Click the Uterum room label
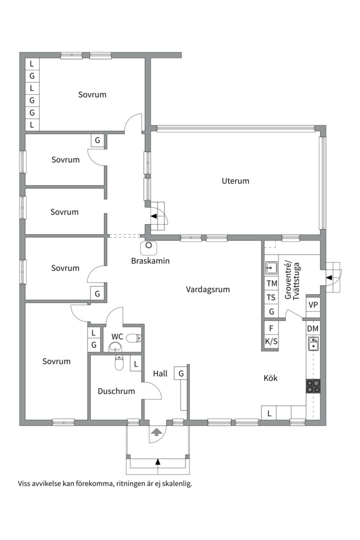235,181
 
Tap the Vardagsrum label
207,289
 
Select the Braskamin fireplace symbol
149,247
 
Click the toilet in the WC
134,338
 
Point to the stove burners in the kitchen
313,385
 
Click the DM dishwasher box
313,328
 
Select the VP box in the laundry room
313,305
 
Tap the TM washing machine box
271,283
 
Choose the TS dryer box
271,297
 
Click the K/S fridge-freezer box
271,341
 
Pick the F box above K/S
271,328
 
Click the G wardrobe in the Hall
181,373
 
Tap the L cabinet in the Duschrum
136,364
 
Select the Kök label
270,378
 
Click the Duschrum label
116,391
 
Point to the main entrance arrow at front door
156,432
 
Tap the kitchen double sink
313,343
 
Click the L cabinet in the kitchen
269,413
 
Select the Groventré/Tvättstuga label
292,281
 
